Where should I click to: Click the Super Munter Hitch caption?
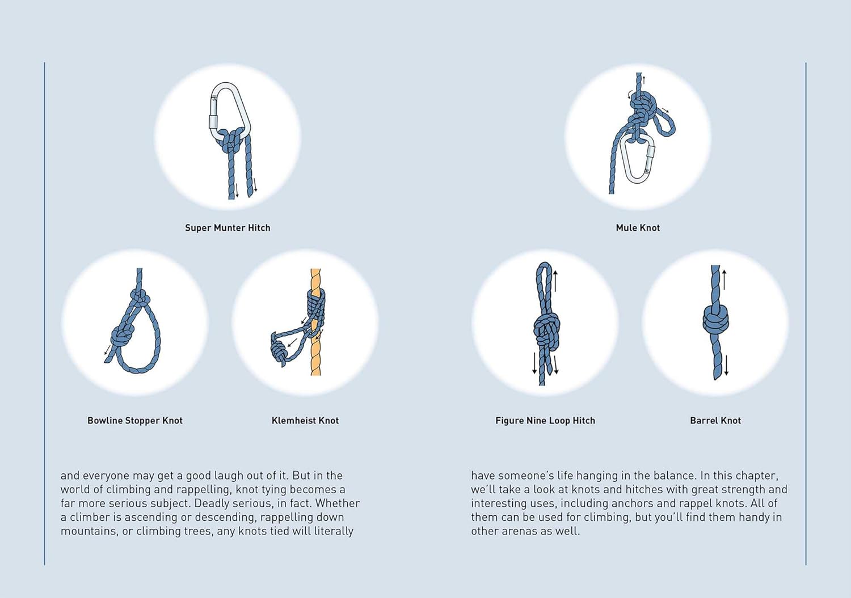coord(228,228)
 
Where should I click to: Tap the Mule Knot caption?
coord(638,228)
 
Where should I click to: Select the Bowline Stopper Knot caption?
coord(135,421)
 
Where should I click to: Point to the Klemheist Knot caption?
coord(305,421)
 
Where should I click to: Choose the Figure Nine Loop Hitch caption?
coord(545,421)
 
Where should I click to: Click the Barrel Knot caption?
coord(715,421)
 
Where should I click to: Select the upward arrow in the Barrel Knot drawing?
coord(724,279)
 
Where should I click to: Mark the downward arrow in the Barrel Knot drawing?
coord(726,365)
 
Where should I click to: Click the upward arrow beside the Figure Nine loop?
coord(555,281)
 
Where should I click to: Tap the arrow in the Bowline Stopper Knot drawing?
coord(108,350)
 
